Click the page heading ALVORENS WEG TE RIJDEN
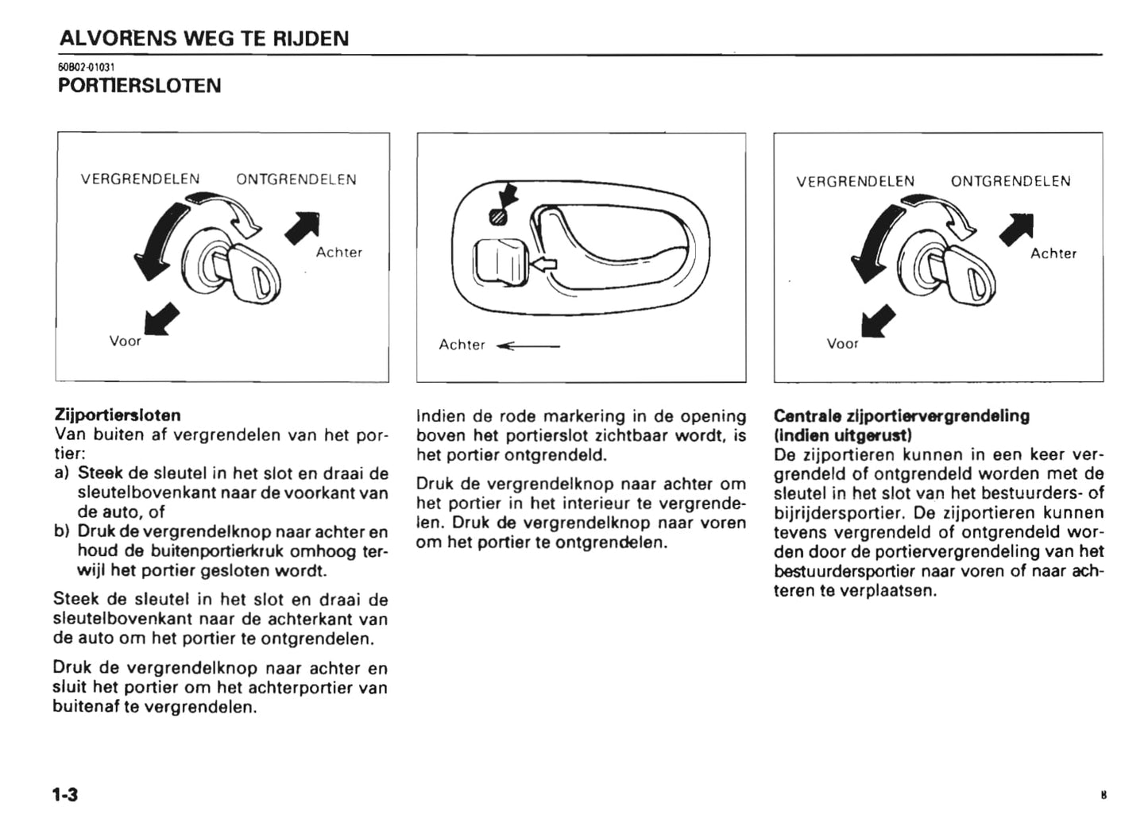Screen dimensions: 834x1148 tap(204, 38)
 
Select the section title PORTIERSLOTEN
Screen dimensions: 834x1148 tap(140, 86)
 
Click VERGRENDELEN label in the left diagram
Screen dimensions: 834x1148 tap(140, 180)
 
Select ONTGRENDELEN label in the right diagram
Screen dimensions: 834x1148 tap(1011, 181)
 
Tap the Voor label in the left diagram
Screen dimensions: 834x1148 tap(125, 342)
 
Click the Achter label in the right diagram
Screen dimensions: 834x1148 tap(1053, 253)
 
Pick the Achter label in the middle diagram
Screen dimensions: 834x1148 tap(462, 345)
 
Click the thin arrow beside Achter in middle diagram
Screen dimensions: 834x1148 tap(528, 346)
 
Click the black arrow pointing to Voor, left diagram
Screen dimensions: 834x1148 tap(161, 322)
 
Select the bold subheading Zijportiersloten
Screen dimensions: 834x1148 tap(118, 415)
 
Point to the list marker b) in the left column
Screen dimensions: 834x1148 tap(62, 531)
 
